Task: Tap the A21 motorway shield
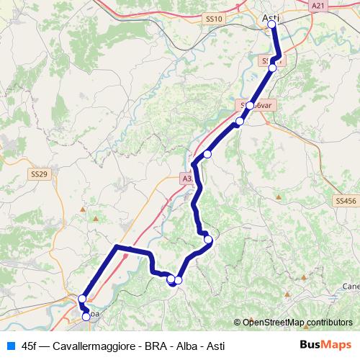318,5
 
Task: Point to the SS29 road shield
39,174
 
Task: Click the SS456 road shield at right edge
346,202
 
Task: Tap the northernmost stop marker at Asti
271,24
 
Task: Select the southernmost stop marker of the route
86,316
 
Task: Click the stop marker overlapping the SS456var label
250,106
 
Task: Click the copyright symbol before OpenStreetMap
238,323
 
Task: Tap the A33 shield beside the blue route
187,178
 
